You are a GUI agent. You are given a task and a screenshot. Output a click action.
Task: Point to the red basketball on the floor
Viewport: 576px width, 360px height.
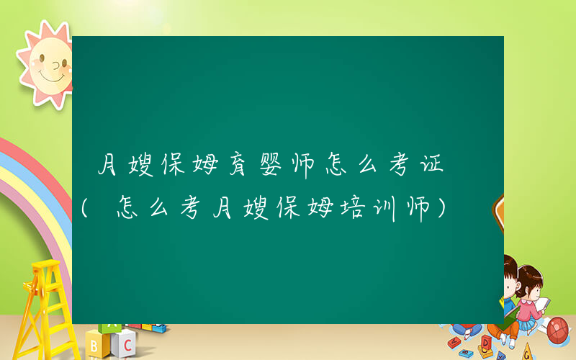(559, 330)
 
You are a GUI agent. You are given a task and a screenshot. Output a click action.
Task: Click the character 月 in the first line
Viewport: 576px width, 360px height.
(108, 166)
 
